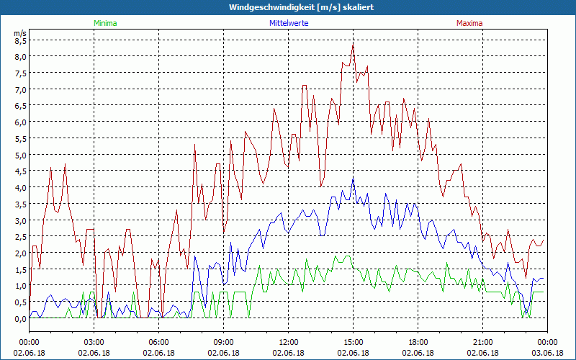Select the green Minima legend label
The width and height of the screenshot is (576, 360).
click(x=105, y=23)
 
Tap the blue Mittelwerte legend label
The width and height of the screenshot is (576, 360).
click(x=288, y=23)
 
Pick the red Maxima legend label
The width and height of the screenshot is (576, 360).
click(x=469, y=23)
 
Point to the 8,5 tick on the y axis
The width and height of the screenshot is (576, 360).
click(x=20, y=40)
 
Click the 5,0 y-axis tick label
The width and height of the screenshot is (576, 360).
click(x=20, y=155)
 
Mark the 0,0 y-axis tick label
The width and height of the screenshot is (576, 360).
click(x=20, y=318)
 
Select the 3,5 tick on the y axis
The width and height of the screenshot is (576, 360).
click(x=20, y=204)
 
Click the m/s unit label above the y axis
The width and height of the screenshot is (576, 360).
click(x=20, y=33)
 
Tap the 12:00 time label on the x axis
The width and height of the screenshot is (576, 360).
click(x=288, y=342)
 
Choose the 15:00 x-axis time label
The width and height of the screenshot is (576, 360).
click(x=353, y=342)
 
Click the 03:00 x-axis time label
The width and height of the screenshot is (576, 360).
click(x=94, y=342)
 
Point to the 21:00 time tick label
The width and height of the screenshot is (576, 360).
click(x=482, y=342)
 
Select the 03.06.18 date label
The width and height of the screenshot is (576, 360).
click(x=547, y=353)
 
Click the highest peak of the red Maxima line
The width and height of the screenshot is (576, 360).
click(x=353, y=44)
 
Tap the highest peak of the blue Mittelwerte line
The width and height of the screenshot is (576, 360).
click(x=353, y=178)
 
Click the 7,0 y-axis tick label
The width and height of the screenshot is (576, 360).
click(x=20, y=89)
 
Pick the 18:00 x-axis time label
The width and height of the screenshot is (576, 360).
click(x=418, y=342)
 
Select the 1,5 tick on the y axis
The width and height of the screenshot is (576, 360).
click(x=20, y=269)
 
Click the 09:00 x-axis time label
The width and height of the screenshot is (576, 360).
click(x=223, y=342)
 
